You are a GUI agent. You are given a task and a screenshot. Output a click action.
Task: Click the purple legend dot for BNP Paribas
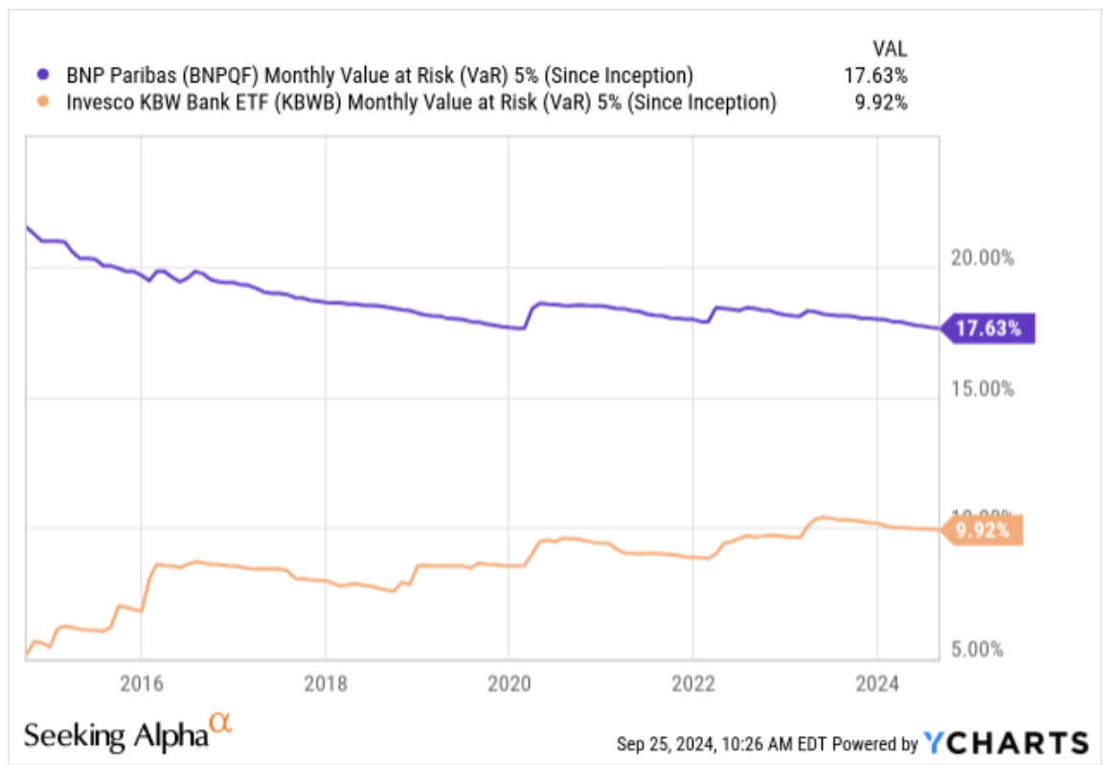[x=41, y=75]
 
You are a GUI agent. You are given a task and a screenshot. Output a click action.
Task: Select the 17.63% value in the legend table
[x=873, y=75]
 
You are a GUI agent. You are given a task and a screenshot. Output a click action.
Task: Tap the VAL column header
[x=889, y=47]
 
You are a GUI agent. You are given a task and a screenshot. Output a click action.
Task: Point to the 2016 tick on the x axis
[x=141, y=684]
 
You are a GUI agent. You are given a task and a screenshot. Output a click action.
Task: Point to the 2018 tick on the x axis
[x=326, y=684]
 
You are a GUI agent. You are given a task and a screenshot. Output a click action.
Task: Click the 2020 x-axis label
[x=509, y=684]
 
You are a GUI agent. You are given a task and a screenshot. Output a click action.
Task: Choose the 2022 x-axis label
[x=693, y=684]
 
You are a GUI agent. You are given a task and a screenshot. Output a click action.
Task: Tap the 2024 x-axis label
[x=878, y=684]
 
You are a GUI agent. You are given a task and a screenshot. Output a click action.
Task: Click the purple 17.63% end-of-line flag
[x=986, y=329]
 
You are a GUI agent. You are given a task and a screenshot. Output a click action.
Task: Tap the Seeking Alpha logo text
[x=116, y=735]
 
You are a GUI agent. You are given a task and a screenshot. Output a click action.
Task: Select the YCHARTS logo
[x=1006, y=742]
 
